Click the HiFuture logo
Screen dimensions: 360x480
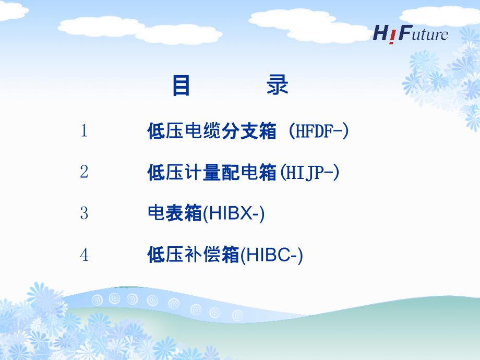coord(410,33)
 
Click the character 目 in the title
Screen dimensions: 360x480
coord(181,86)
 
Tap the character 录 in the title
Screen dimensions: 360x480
coord(277,86)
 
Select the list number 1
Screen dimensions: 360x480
coord(84,131)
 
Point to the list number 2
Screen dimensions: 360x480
coord(84,172)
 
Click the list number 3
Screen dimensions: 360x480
coord(84,213)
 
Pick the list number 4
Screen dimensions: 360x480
coord(84,255)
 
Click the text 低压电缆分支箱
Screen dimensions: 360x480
coord(212,131)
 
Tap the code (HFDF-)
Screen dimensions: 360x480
coord(318,131)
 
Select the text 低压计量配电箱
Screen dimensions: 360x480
coord(212,172)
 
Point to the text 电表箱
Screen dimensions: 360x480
coord(175,214)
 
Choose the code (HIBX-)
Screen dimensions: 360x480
coord(233,214)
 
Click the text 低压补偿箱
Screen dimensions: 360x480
coord(193,256)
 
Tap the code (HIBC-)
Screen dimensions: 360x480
coord(271,256)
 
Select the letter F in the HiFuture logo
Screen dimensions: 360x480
coord(403,33)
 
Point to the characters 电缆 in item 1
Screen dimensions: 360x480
coord(199,131)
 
